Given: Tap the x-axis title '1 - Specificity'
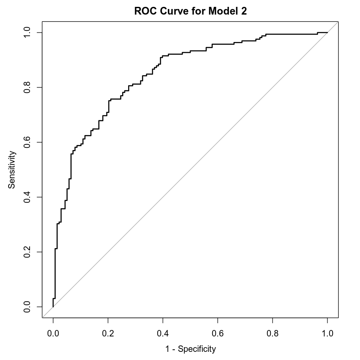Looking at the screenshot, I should [190, 349].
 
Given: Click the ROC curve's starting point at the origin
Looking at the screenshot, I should [53, 307].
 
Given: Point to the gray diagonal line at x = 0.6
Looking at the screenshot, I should [218, 142].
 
